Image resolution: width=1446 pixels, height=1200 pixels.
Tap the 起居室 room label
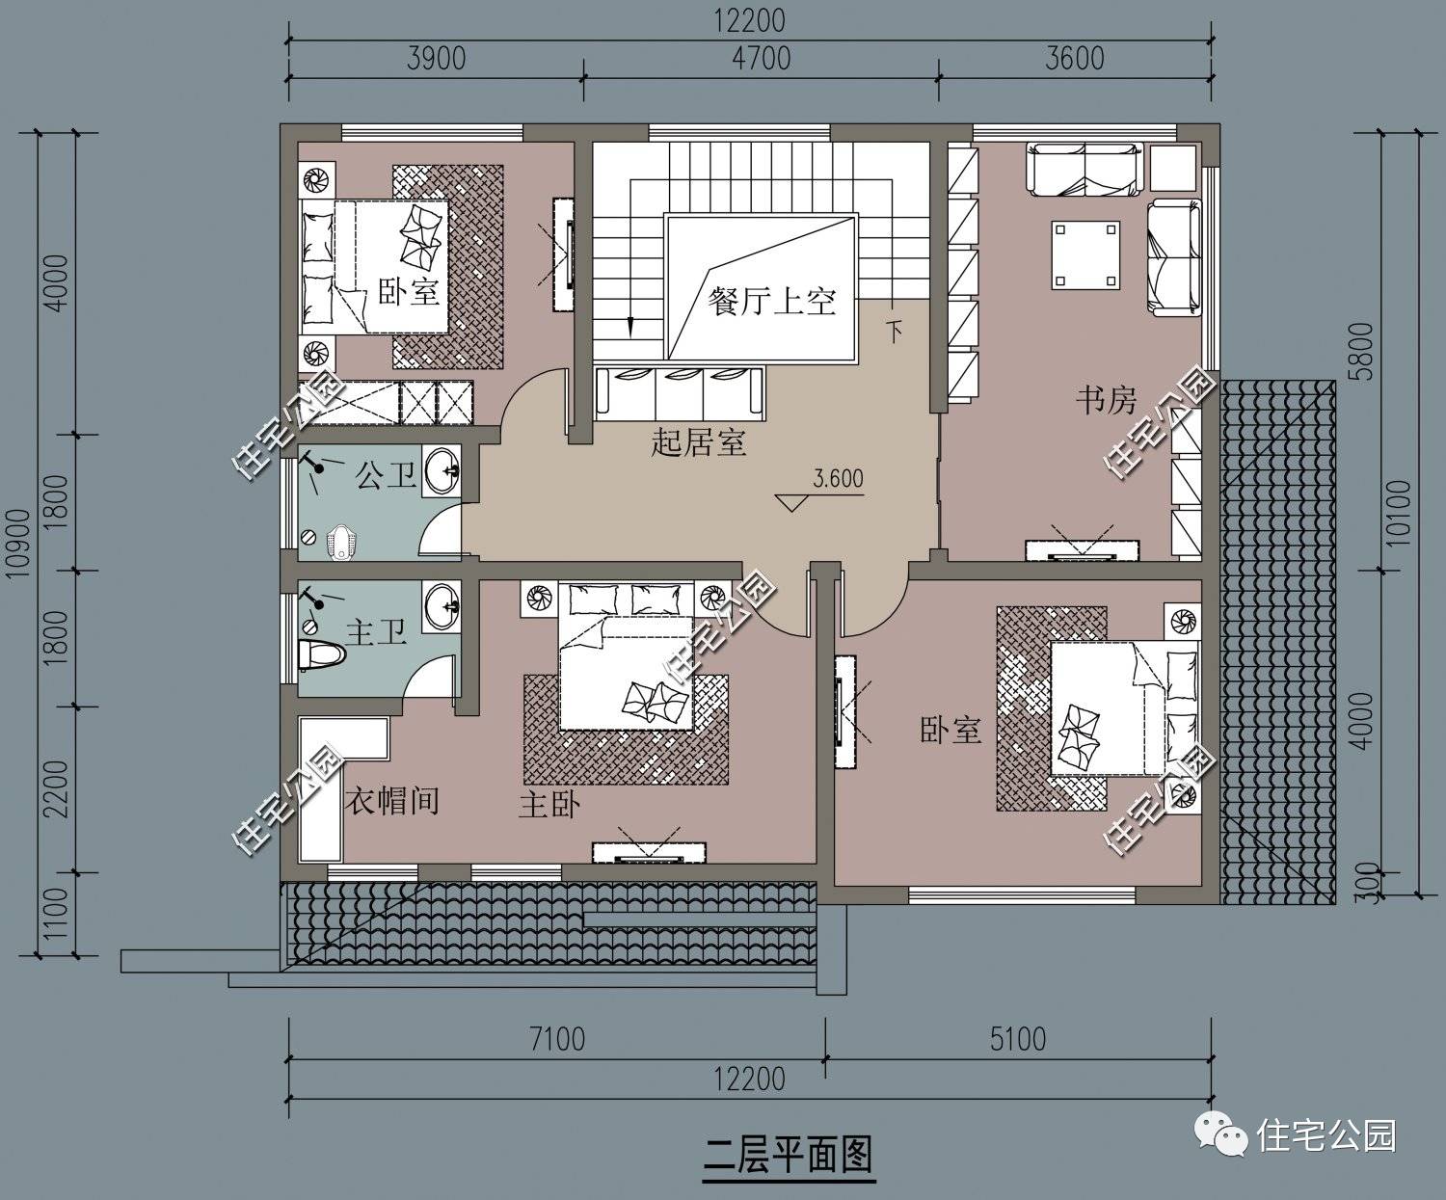pos(699,443)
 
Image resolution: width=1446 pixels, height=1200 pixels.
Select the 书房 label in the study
pos(1106,399)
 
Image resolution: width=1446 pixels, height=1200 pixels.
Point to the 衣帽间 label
pos(392,800)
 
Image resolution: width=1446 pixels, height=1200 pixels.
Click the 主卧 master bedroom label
pos(549,805)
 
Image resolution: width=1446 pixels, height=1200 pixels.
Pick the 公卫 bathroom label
pos(386,475)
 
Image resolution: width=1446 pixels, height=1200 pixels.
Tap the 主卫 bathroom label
pos(376,633)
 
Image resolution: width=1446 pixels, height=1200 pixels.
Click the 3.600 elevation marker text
pos(839,479)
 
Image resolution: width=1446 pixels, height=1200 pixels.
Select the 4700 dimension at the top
pos(761,59)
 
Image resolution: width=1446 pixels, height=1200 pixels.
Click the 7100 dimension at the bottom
pos(557,1039)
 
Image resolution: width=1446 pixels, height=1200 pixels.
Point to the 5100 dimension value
pos(1017,1039)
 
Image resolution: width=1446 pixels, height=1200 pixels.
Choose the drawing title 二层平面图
pos(788,1153)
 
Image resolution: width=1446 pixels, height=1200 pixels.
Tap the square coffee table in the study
pos(1086,255)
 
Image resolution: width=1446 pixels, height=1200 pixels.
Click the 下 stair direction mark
pos(895,333)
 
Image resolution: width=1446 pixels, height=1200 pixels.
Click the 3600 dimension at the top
pos(1074,59)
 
